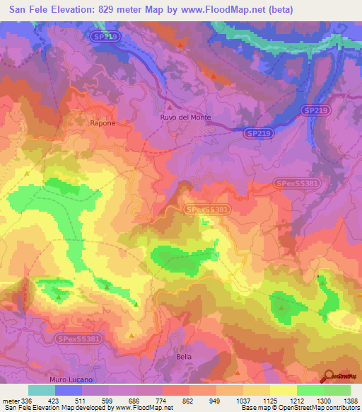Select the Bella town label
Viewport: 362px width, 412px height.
pos(184,357)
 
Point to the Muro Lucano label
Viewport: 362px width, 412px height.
pos(72,380)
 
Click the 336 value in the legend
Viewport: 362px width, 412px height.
pos(28,400)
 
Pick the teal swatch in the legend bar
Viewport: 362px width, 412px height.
pos(42,390)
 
